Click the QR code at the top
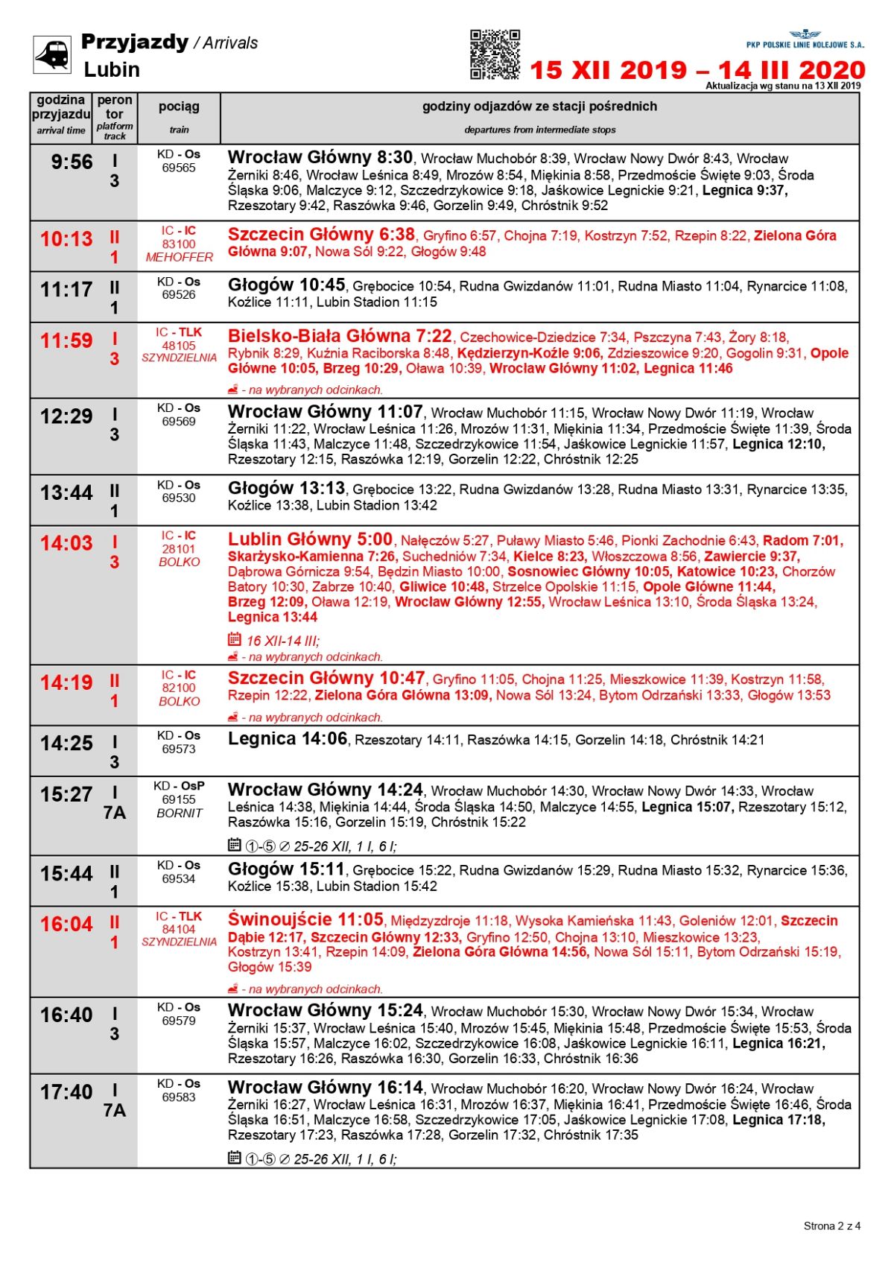click(x=495, y=54)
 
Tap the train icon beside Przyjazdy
click(x=52, y=54)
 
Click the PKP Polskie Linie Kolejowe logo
click(x=805, y=39)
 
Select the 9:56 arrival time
click(x=72, y=162)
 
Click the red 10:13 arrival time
click(x=66, y=239)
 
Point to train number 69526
click(x=179, y=295)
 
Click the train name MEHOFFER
click(x=179, y=257)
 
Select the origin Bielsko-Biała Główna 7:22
click(x=340, y=336)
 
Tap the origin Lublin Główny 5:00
click(x=310, y=539)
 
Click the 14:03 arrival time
click(x=66, y=544)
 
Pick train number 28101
click(x=179, y=549)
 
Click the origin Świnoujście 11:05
click(x=305, y=920)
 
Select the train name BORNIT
click(x=179, y=813)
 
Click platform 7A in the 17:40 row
click(x=115, y=1111)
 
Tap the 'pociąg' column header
click(x=179, y=107)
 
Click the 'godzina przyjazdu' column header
click(x=61, y=107)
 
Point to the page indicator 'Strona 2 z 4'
click(x=831, y=1226)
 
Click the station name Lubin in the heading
click(x=112, y=70)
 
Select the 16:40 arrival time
click(x=66, y=1015)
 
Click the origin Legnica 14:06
click(x=288, y=739)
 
